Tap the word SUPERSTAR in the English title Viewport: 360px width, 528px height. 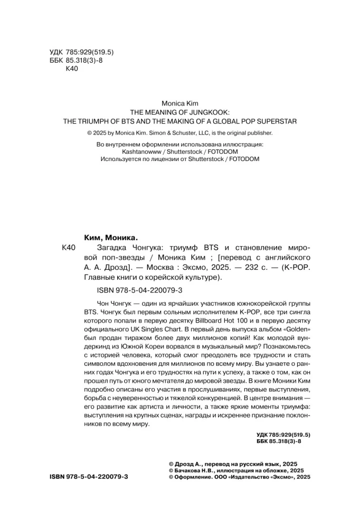[x=278, y=120]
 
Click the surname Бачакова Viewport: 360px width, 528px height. [x=192, y=469]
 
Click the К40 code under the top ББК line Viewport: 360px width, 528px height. [x=71, y=69]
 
